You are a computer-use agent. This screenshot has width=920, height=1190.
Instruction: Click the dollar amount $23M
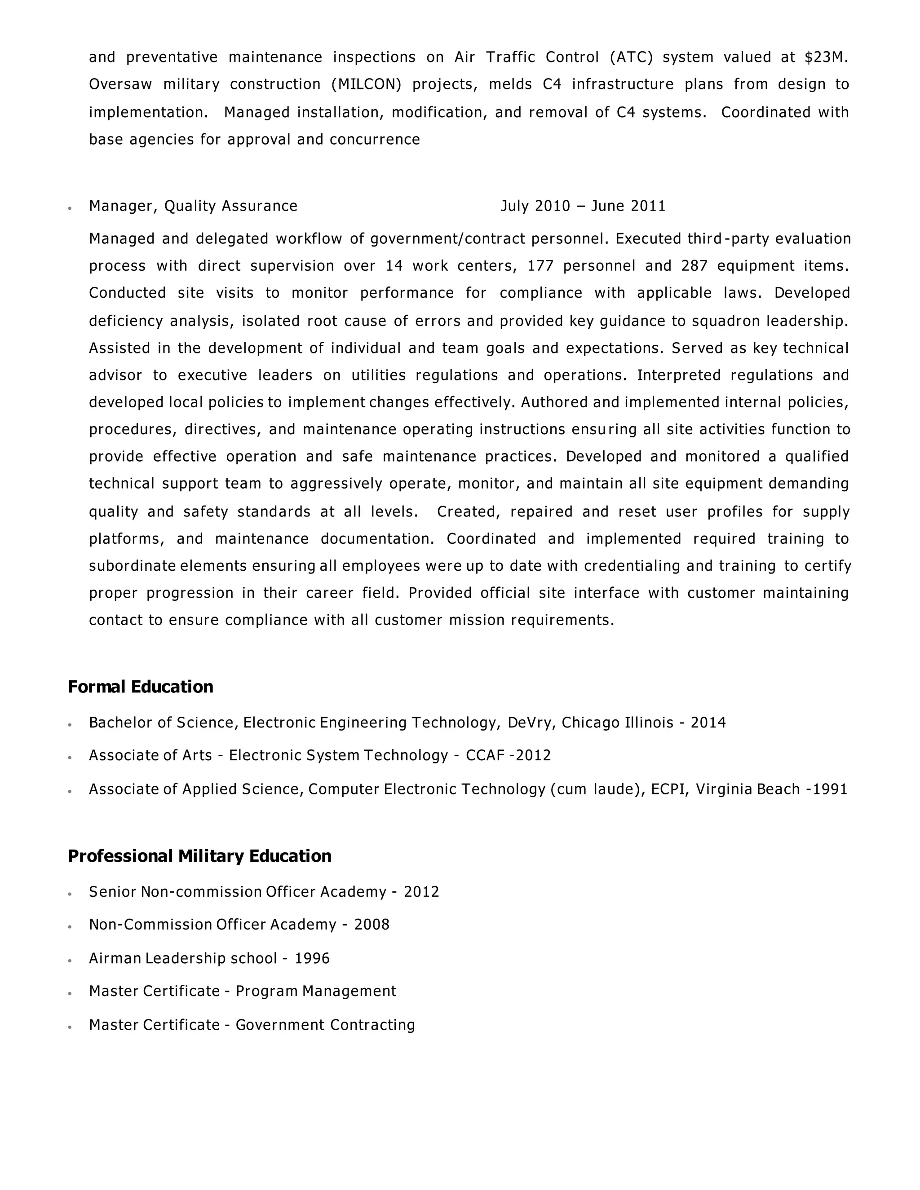point(825,57)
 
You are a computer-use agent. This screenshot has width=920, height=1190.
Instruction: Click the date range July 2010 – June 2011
point(583,206)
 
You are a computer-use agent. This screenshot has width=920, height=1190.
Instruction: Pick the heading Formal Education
point(140,687)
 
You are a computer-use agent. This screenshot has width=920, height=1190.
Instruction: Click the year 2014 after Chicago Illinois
point(708,723)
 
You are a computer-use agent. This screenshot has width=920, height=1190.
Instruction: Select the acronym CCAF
point(485,755)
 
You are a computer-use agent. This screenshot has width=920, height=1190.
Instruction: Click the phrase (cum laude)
point(598,789)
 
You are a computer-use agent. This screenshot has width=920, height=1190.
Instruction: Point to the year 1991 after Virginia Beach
point(830,789)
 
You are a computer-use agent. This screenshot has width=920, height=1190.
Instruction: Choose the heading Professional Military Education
point(199,856)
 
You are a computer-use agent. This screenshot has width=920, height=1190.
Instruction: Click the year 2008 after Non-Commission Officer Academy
point(372,925)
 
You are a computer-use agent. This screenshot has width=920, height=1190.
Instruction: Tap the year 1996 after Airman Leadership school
point(312,958)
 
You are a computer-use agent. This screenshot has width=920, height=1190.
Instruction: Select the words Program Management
point(315,991)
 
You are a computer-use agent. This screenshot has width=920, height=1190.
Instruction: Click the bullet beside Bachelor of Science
point(70,725)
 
